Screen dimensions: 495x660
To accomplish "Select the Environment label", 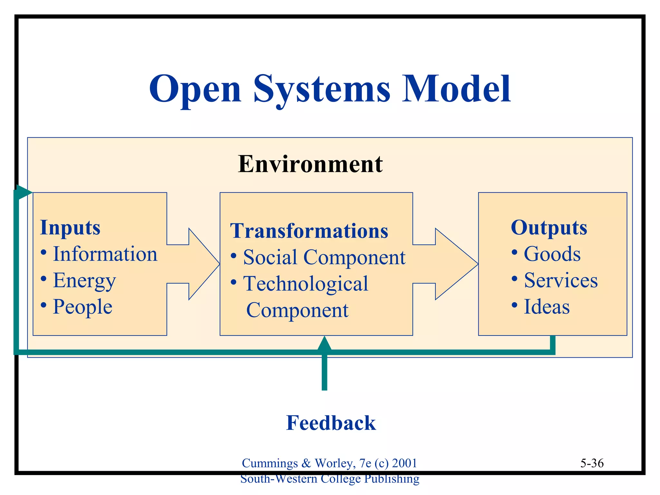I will [310, 164].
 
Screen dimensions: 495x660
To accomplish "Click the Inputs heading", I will [70, 228].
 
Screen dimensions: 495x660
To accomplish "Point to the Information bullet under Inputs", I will [105, 254].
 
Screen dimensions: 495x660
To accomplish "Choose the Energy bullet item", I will [84, 280].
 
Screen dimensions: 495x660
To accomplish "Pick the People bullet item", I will [82, 306].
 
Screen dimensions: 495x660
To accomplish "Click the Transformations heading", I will [309, 231].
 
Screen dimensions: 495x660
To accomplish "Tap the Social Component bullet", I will [324, 257].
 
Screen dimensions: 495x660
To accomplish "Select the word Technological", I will [306, 284].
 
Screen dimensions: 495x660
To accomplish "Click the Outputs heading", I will [549, 228].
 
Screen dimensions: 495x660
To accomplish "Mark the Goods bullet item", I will [552, 254].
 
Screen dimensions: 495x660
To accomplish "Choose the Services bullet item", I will [560, 280].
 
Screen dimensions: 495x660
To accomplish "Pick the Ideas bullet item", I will [547, 306].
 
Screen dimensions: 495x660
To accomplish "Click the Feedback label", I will [331, 423].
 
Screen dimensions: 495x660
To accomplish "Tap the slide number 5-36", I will [592, 463].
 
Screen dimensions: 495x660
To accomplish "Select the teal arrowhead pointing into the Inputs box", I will [24, 193].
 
